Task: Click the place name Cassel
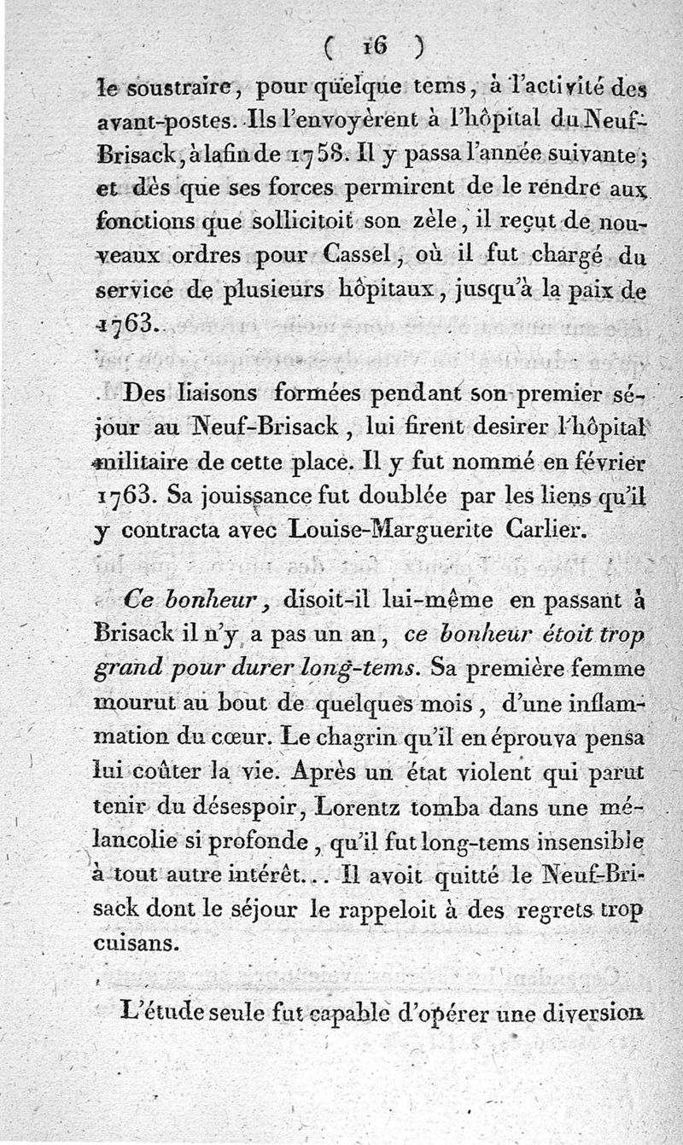click(x=359, y=254)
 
